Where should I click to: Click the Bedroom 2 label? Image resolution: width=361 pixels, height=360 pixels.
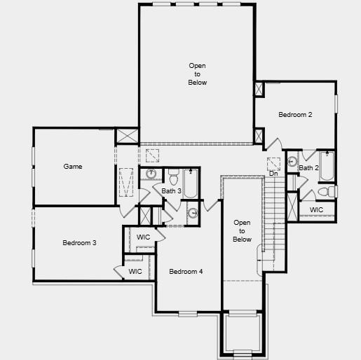coord(295,114)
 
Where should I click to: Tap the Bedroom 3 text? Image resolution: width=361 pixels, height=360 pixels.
coord(79,243)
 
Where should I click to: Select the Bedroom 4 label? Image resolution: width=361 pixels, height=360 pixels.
coord(186,272)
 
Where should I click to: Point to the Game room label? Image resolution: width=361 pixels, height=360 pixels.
coord(73,167)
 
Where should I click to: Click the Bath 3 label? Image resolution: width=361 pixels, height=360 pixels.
coord(172,191)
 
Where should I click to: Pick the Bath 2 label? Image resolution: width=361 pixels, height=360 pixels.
coord(308,168)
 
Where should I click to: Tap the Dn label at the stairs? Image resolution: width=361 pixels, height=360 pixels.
coord(273,173)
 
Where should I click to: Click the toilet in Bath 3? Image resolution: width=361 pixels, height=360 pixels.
coord(174,172)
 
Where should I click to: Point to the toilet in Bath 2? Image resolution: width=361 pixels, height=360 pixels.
coord(327,191)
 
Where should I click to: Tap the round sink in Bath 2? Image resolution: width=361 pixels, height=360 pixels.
coord(292,161)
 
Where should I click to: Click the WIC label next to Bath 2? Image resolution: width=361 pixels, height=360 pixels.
coord(317,209)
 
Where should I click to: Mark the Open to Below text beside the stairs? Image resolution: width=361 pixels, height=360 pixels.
coord(242,231)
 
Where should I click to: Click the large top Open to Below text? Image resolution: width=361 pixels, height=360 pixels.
coord(198,74)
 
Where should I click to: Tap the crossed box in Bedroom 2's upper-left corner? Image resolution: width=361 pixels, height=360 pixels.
coord(259,90)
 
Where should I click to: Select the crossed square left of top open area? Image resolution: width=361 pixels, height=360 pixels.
coord(127,135)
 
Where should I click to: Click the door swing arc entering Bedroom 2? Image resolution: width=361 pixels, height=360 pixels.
coord(274,142)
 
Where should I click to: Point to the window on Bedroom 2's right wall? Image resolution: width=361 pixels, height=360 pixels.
coord(336,102)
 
